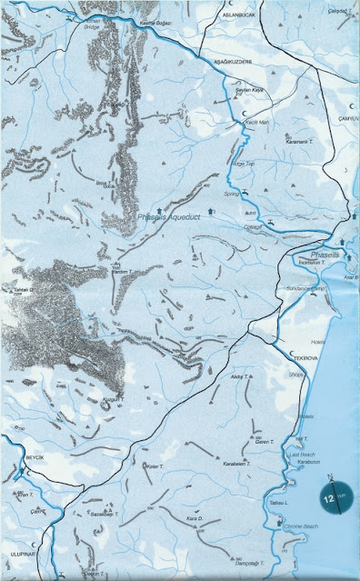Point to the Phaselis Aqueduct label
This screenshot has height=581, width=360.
(170, 217)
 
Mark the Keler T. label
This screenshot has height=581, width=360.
(154, 467)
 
